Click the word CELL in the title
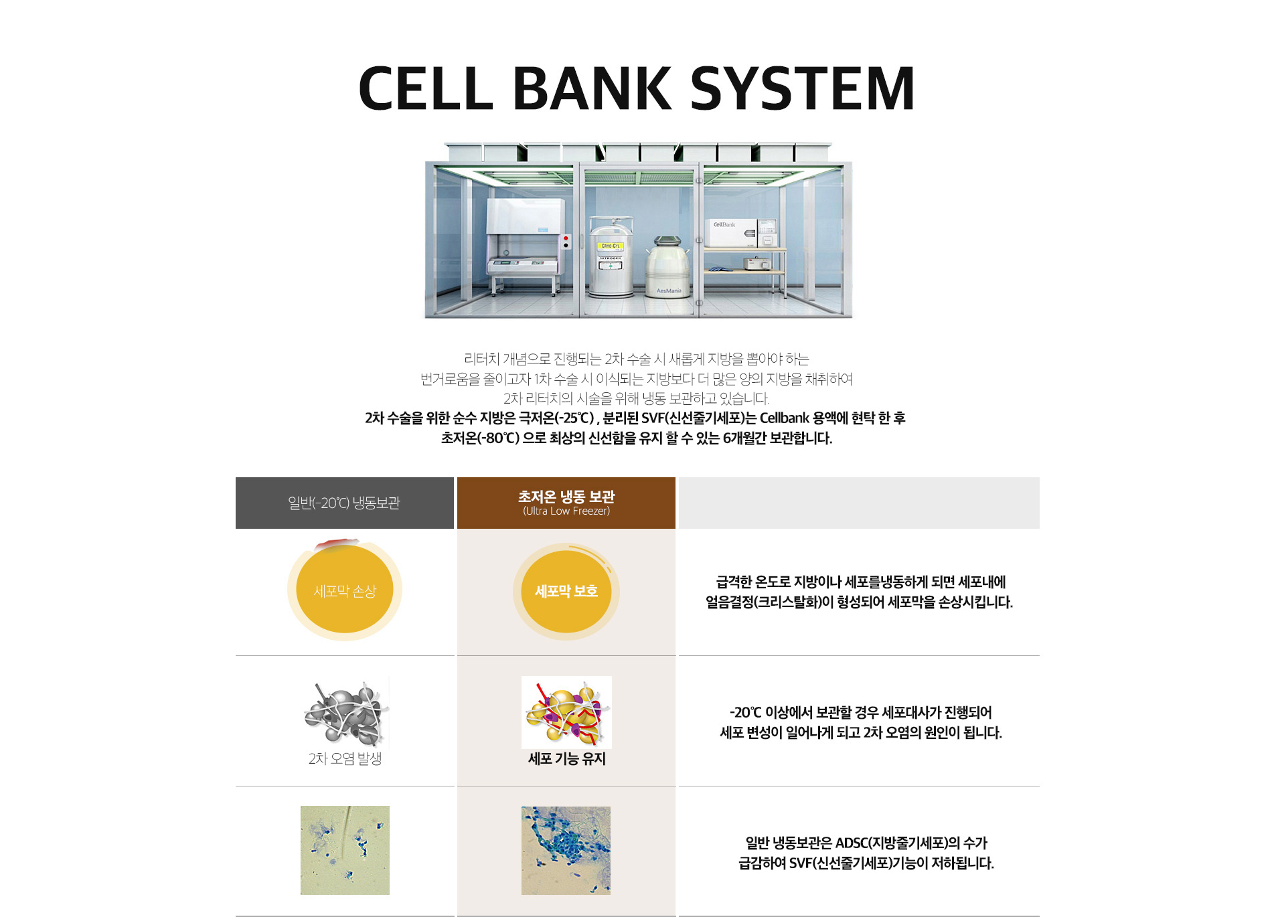tap(426, 88)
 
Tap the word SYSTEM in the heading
tap(802, 88)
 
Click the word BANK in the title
tap(592, 88)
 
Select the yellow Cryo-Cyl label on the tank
tap(610, 246)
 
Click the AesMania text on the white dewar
tap(668, 290)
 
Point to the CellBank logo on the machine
tap(724, 225)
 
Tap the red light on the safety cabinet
tap(566, 238)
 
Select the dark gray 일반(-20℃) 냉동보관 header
tap(345, 503)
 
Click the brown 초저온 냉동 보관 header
tap(566, 503)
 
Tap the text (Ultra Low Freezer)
tap(566, 511)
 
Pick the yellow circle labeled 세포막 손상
tap(345, 590)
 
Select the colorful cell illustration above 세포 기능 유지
tap(566, 712)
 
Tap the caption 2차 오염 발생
tap(345, 758)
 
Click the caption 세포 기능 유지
tap(566, 758)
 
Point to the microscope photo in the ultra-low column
tap(566, 850)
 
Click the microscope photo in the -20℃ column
tap(345, 850)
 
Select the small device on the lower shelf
tap(756, 263)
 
